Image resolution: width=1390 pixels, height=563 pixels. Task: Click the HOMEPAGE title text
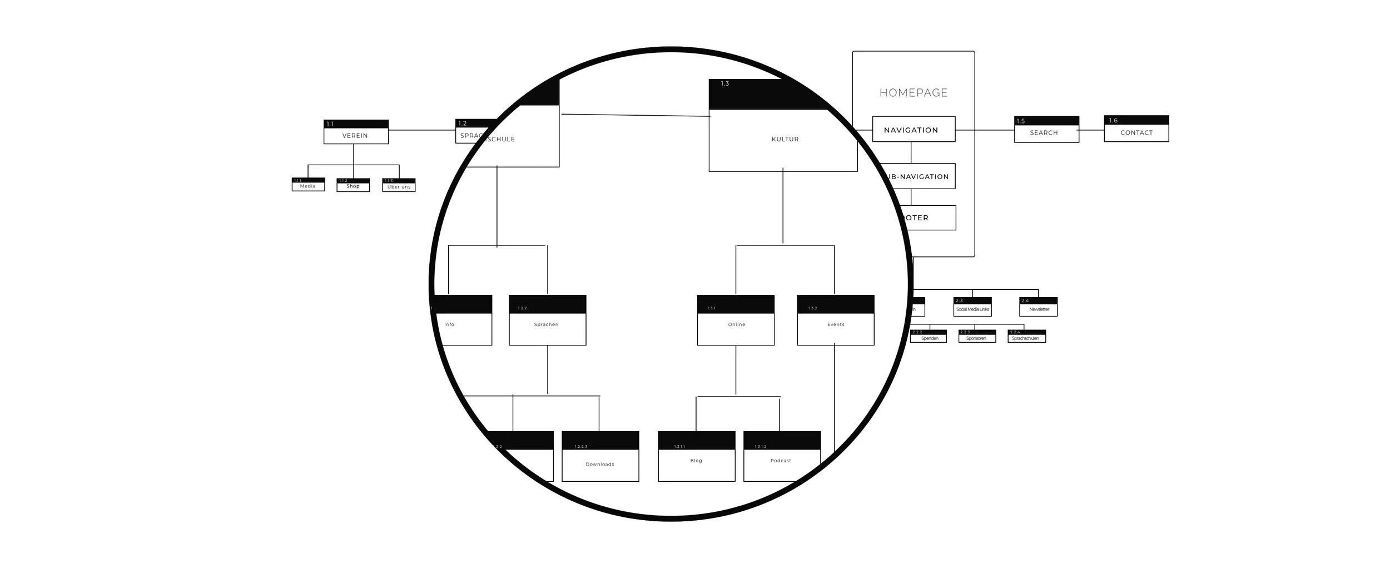click(914, 93)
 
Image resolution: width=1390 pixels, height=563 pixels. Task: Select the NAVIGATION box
click(914, 130)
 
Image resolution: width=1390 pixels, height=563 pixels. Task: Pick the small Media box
click(308, 185)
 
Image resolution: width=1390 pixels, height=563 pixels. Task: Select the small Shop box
click(353, 186)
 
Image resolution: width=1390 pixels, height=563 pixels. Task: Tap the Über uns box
click(399, 186)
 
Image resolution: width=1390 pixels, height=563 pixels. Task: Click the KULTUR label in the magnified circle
click(785, 139)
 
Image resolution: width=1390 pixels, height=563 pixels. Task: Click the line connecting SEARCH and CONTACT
click(1091, 130)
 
